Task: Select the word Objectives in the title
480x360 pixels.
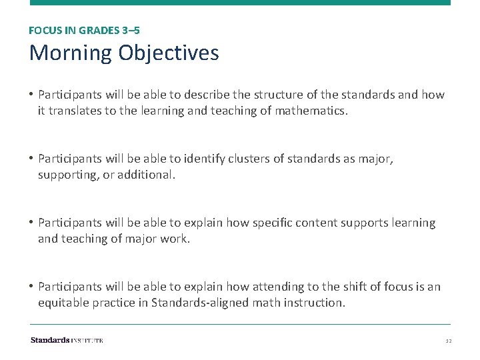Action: (x=169, y=53)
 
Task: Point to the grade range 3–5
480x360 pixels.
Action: (x=131, y=30)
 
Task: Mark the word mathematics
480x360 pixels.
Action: (x=309, y=111)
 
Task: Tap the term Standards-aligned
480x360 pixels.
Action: (x=193, y=303)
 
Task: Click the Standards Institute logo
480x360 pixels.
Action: (x=67, y=340)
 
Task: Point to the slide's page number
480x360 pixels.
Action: (x=448, y=341)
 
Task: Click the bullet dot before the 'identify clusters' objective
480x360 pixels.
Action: (x=32, y=159)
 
